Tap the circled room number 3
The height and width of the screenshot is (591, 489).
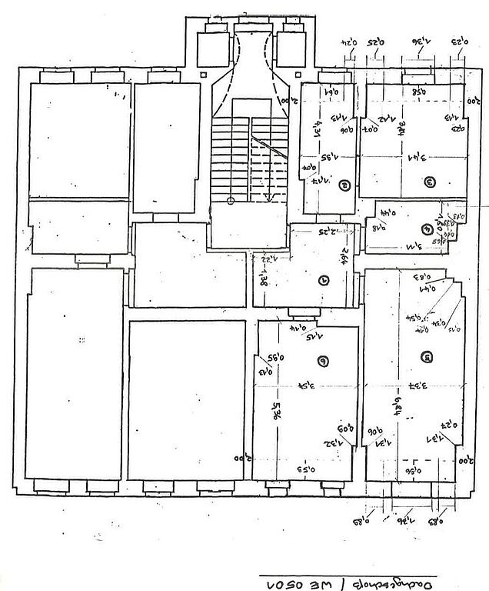coord(431,182)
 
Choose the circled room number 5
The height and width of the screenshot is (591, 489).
coord(427,356)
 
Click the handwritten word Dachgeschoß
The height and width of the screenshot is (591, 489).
coord(391,579)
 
